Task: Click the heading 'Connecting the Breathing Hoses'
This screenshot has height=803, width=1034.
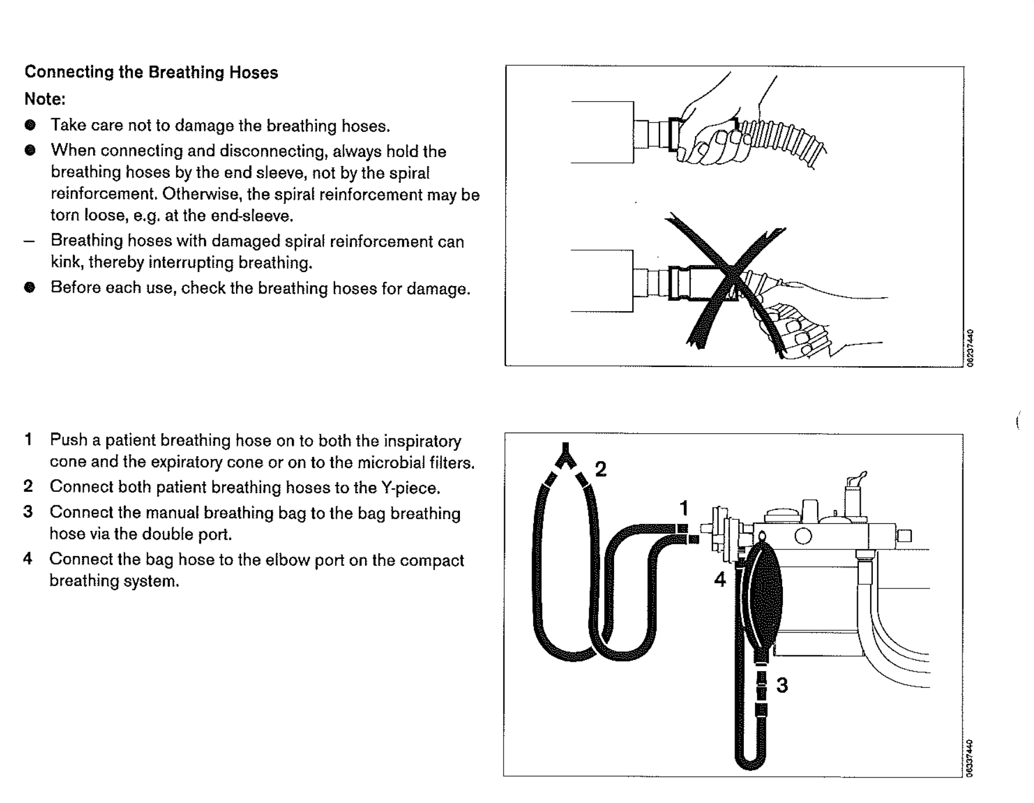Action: [x=151, y=73]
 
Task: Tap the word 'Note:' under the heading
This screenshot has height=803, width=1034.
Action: [x=45, y=99]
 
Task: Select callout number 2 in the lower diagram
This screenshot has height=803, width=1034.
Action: [x=601, y=469]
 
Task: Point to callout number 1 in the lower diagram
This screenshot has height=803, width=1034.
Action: [x=684, y=508]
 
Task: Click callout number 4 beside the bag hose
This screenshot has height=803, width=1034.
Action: [x=720, y=579]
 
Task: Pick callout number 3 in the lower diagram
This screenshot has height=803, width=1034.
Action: [x=782, y=685]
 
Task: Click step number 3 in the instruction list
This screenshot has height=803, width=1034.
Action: [x=28, y=512]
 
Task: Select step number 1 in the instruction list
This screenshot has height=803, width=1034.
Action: [x=28, y=440]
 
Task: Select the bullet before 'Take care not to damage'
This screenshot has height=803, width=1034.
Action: [x=30, y=125]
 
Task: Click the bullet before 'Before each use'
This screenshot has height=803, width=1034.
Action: [x=30, y=287]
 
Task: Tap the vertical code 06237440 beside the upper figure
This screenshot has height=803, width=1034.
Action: [x=969, y=347]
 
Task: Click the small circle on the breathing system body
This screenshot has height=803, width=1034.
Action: [x=803, y=536]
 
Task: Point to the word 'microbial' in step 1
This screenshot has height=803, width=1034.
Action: [x=391, y=462]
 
